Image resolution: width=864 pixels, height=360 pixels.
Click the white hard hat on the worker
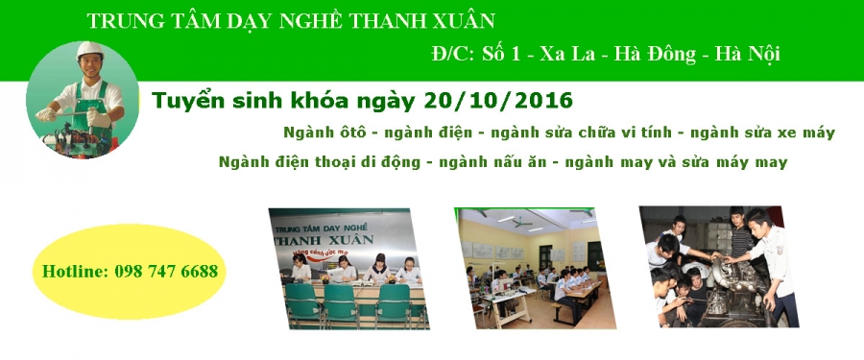click(x=90, y=50)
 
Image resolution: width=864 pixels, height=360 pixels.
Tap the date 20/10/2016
click(x=499, y=101)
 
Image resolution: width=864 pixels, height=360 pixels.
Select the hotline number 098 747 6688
click(x=166, y=272)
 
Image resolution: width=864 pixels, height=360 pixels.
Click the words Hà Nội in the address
click(x=747, y=54)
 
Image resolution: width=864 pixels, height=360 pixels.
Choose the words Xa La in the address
click(x=567, y=54)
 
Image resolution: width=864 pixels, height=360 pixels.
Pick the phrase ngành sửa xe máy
click(x=762, y=132)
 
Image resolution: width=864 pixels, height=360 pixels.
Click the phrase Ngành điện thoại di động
click(x=320, y=162)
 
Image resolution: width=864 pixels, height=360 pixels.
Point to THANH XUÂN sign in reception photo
click(x=324, y=240)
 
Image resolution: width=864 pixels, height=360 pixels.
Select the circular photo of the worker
click(x=83, y=100)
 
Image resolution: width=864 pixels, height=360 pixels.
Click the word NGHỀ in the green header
click(x=306, y=21)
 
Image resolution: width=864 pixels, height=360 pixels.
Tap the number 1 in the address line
click(x=515, y=54)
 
